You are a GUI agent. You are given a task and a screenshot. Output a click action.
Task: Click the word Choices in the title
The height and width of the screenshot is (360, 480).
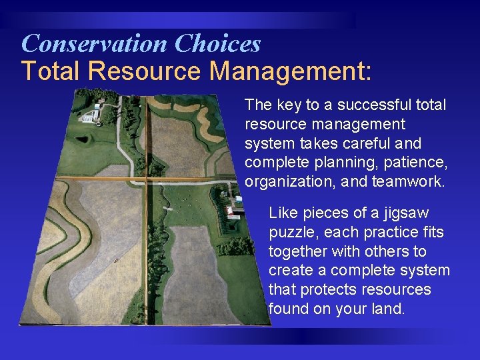217,44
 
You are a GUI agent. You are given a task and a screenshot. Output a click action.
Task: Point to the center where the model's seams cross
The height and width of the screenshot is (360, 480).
146,179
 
